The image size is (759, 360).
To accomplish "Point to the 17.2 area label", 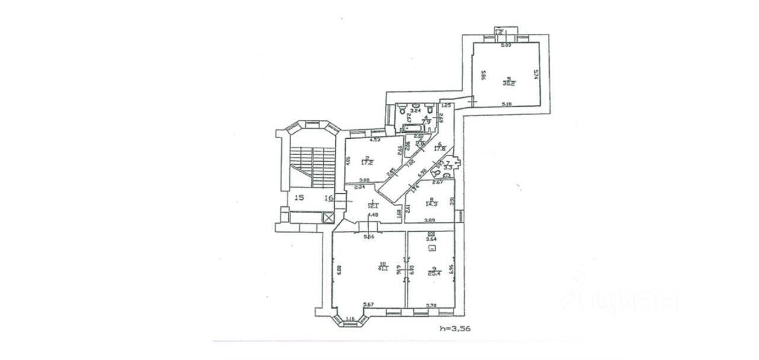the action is (x=367, y=161).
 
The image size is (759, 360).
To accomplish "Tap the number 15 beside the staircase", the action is (x=299, y=198).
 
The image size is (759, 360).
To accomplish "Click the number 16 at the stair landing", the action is (x=330, y=198).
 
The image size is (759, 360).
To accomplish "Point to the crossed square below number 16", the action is (x=329, y=218).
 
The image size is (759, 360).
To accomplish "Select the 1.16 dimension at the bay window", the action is (x=351, y=318).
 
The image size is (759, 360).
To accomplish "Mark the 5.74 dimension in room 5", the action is (x=535, y=75).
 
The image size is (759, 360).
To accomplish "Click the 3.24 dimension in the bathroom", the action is (x=415, y=110).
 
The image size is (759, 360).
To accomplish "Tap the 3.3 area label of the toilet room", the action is (x=449, y=168).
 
